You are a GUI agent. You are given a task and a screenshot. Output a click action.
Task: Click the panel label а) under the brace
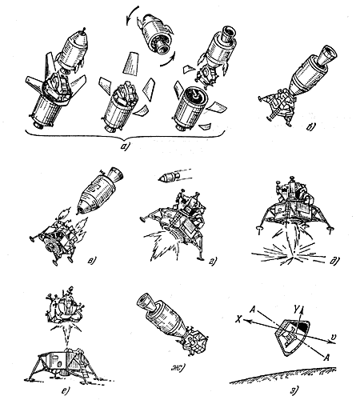coord(125,146)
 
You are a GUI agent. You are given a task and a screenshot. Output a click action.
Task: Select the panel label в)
coord(91,260)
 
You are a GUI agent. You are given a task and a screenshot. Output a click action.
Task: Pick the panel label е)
coord(66,390)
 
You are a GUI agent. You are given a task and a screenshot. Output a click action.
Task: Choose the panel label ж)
coord(178,369)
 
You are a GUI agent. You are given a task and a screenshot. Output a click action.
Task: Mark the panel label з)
coord(293,390)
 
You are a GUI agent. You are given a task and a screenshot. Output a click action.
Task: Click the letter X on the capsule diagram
coord(239,319)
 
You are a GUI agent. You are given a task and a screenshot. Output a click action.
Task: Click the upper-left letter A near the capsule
coord(253,310)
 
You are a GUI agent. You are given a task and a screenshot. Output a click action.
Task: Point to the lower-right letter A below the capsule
coord(326,358)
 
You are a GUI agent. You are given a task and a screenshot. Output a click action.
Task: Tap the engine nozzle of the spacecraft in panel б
coord(327,56)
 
